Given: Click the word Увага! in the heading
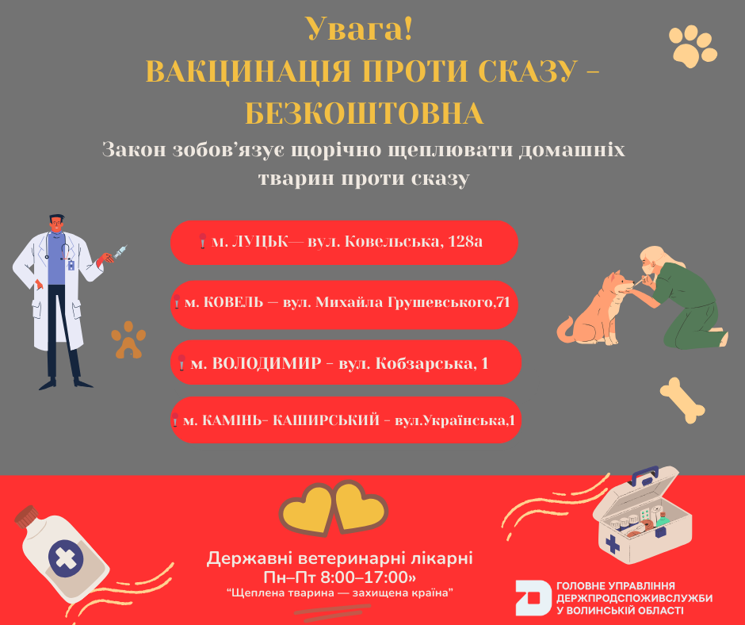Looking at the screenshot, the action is point(359,29).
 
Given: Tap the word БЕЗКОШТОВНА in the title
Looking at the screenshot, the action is point(365,113).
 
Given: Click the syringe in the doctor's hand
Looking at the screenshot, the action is point(120,252).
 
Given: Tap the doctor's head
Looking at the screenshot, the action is point(57,223).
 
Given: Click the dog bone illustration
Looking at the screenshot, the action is point(682,400).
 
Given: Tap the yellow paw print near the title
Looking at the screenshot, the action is point(692,46).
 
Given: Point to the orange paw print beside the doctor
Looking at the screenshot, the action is point(128,340).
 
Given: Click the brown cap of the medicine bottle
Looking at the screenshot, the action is point(25,516).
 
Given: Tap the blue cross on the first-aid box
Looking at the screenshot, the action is point(613,544).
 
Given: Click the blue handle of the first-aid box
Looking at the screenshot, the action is point(644,474).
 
